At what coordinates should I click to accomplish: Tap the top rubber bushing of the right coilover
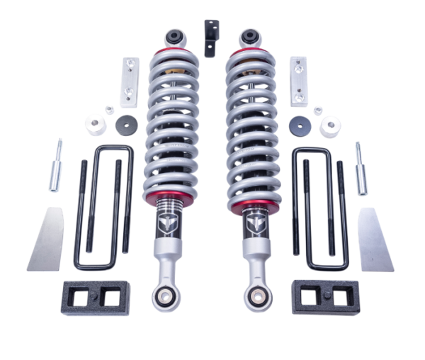tap(249, 35)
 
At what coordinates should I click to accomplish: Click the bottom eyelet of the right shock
tap(256, 297)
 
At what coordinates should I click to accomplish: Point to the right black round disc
tap(299, 125)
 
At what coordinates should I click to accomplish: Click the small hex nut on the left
tap(110, 109)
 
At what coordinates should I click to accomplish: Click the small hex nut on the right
tap(318, 110)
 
